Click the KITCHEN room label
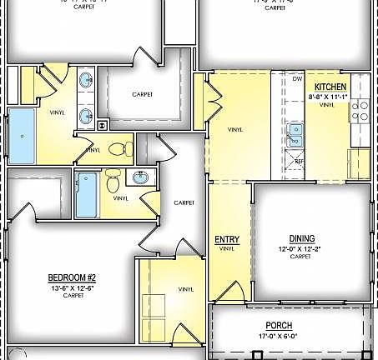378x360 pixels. point(330,87)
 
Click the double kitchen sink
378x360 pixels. point(295,134)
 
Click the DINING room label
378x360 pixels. point(301,237)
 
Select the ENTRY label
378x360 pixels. point(227,239)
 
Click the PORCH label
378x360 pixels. point(278,326)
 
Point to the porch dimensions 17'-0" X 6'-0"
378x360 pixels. point(278,337)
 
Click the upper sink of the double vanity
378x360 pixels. point(87,82)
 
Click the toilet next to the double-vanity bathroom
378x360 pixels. point(121,149)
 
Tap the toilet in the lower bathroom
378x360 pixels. point(115,177)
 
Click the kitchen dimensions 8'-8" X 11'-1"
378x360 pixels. point(331,97)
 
